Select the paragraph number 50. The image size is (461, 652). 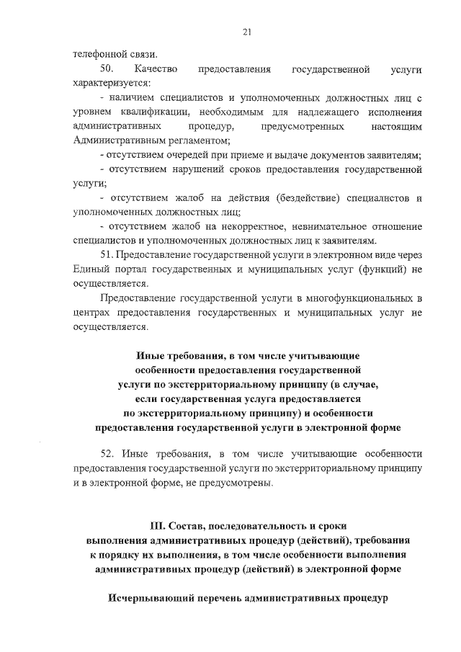click(x=107, y=70)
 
